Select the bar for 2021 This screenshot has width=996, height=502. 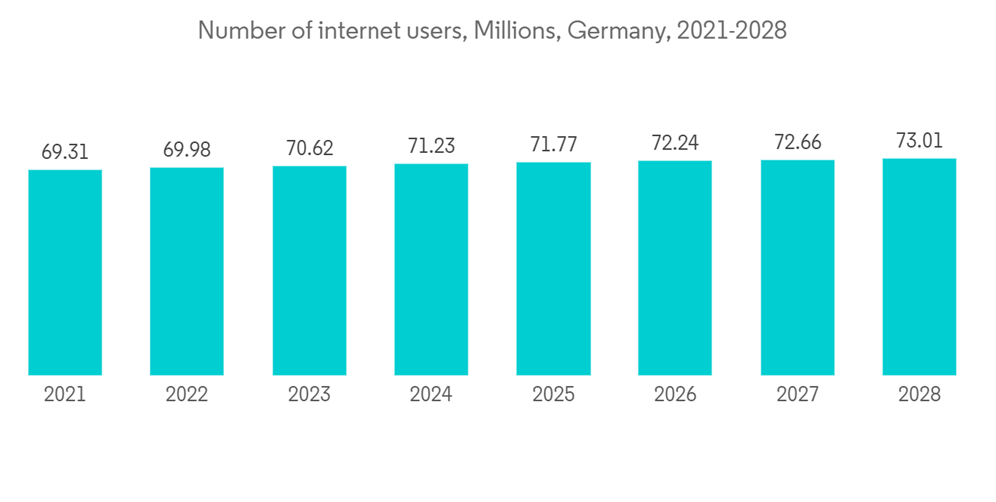click(65, 273)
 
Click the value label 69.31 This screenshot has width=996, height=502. click(65, 152)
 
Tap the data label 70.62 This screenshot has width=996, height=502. click(309, 149)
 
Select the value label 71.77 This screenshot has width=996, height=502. click(553, 145)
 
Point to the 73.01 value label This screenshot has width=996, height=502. click(919, 141)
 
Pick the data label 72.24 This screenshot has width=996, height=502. click(675, 144)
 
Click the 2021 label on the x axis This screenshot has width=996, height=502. click(65, 395)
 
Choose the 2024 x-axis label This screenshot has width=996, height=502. click(431, 395)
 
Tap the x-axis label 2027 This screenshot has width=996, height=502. click(797, 395)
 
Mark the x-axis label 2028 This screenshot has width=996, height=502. click(919, 395)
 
